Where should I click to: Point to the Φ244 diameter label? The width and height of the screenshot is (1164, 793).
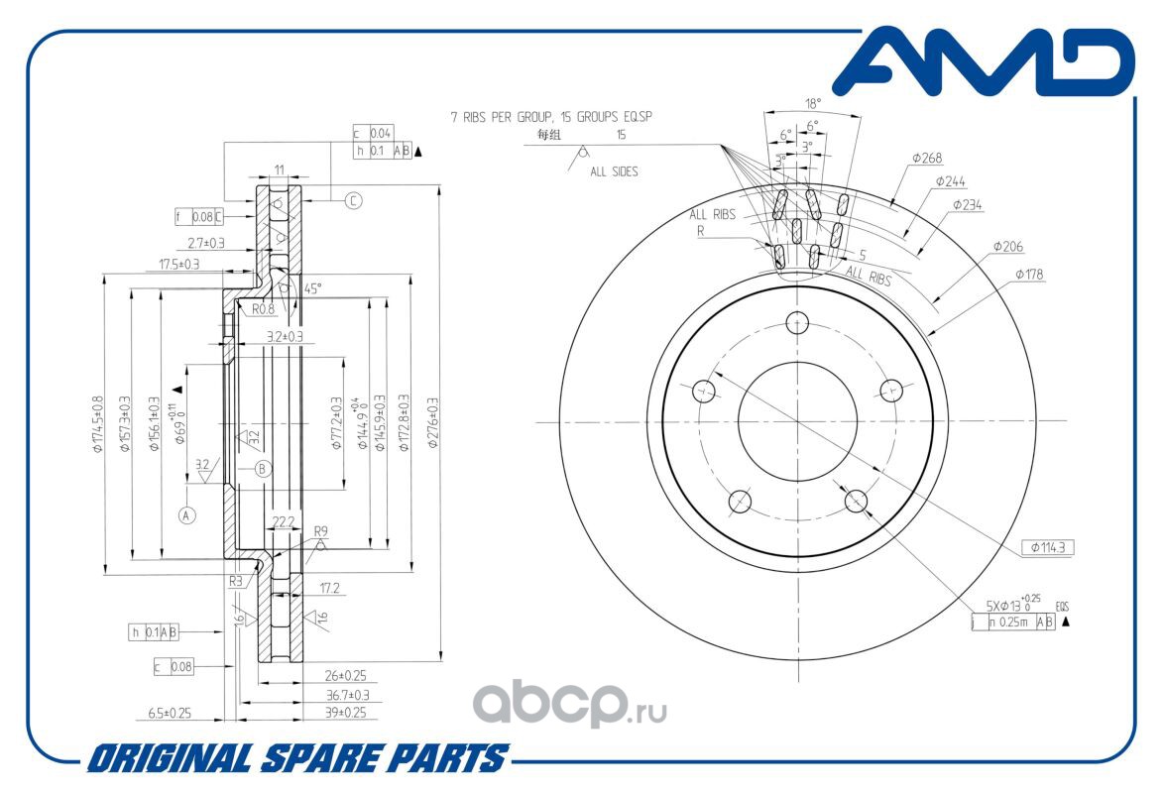pos(950,181)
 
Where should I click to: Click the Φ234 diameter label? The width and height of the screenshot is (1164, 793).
pos(967,205)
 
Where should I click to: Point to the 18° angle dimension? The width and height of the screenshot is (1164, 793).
pos(813,103)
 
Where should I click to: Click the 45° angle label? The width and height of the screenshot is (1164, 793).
pos(312,289)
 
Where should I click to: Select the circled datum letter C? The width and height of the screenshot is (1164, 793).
pos(353,200)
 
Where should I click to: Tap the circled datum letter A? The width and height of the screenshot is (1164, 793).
pos(186,514)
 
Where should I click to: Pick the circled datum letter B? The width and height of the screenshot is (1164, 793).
pos(262,468)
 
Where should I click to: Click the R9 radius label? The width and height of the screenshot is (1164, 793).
pos(320,532)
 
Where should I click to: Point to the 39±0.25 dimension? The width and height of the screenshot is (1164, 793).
pos(346,713)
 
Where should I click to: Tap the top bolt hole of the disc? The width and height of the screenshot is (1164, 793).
pos(798,322)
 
